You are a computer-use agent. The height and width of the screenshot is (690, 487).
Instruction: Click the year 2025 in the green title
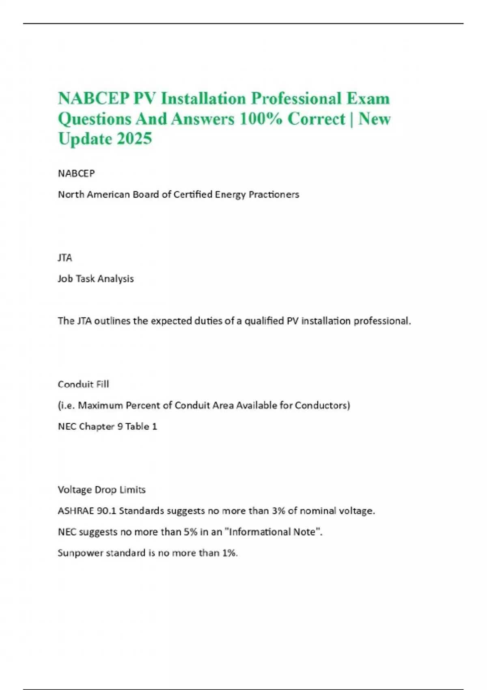(134, 139)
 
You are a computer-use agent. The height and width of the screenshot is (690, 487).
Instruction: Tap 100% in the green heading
(261, 119)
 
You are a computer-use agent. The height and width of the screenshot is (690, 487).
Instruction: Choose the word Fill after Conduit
(102, 384)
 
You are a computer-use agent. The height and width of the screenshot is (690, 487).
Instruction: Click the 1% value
(230, 553)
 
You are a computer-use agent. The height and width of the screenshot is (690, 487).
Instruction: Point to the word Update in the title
(85, 139)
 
